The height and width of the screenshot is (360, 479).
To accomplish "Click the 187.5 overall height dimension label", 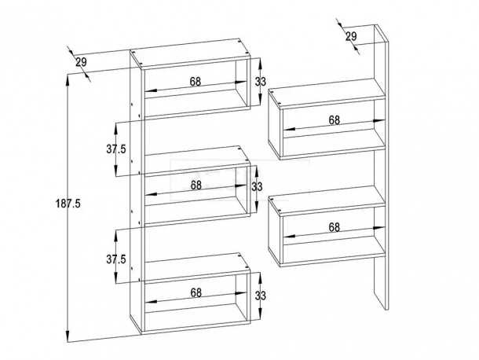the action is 68,204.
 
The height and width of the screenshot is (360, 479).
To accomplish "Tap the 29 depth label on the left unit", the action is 81,62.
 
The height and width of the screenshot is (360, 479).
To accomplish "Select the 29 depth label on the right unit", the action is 351,36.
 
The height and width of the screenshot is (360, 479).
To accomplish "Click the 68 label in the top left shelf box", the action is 196,82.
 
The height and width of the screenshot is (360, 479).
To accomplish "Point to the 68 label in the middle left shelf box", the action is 196,185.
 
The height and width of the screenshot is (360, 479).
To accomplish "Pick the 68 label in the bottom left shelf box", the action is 196,292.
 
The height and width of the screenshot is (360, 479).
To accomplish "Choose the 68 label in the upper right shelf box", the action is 335,120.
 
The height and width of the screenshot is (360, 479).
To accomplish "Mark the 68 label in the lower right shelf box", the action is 335,227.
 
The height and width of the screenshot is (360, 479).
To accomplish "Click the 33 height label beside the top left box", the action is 261,82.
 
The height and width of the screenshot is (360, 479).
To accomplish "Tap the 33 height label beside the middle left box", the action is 257,186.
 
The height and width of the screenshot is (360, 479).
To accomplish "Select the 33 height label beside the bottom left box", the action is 261,296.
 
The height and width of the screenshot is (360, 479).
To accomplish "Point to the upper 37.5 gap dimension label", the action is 116,149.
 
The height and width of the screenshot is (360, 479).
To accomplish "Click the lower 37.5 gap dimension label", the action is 116,259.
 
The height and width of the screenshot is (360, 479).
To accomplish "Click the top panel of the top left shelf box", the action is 190,53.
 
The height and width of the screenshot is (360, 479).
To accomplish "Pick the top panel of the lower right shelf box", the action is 327,199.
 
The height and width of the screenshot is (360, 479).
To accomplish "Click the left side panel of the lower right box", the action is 275,232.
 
